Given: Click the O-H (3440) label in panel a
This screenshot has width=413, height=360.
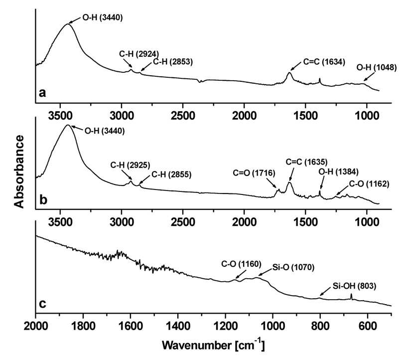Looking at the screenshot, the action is (x=103, y=17).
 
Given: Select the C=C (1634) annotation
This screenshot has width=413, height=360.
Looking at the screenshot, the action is (x=324, y=62).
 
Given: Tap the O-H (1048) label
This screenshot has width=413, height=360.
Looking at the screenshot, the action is (x=377, y=67).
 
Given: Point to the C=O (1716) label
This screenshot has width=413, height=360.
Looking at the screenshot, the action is (x=254, y=173).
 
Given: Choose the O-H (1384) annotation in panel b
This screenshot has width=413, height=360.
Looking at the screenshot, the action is (x=338, y=172).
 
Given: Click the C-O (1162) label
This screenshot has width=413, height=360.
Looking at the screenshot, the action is (x=369, y=183).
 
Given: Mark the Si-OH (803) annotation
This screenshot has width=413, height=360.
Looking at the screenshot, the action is (x=354, y=286).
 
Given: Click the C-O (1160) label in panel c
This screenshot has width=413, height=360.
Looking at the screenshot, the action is (x=241, y=264).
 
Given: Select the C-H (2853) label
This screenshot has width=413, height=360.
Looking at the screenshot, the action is (x=173, y=62).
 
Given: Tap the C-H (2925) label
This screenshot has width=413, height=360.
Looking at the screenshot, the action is (x=131, y=165).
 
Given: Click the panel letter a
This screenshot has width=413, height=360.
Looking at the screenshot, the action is (x=42, y=93).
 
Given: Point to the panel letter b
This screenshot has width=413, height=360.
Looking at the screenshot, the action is (x=43, y=199).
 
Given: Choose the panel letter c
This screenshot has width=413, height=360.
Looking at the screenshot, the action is (x=42, y=304).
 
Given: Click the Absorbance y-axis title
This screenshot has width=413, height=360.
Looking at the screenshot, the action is (x=19, y=172).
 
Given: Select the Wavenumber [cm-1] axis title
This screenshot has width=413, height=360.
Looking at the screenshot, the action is (x=213, y=345).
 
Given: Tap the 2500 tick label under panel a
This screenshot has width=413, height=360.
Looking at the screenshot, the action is (x=183, y=116).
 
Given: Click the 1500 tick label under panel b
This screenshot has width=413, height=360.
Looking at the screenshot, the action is (x=305, y=222).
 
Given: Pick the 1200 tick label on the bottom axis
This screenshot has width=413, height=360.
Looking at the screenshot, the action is (x=226, y=326).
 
